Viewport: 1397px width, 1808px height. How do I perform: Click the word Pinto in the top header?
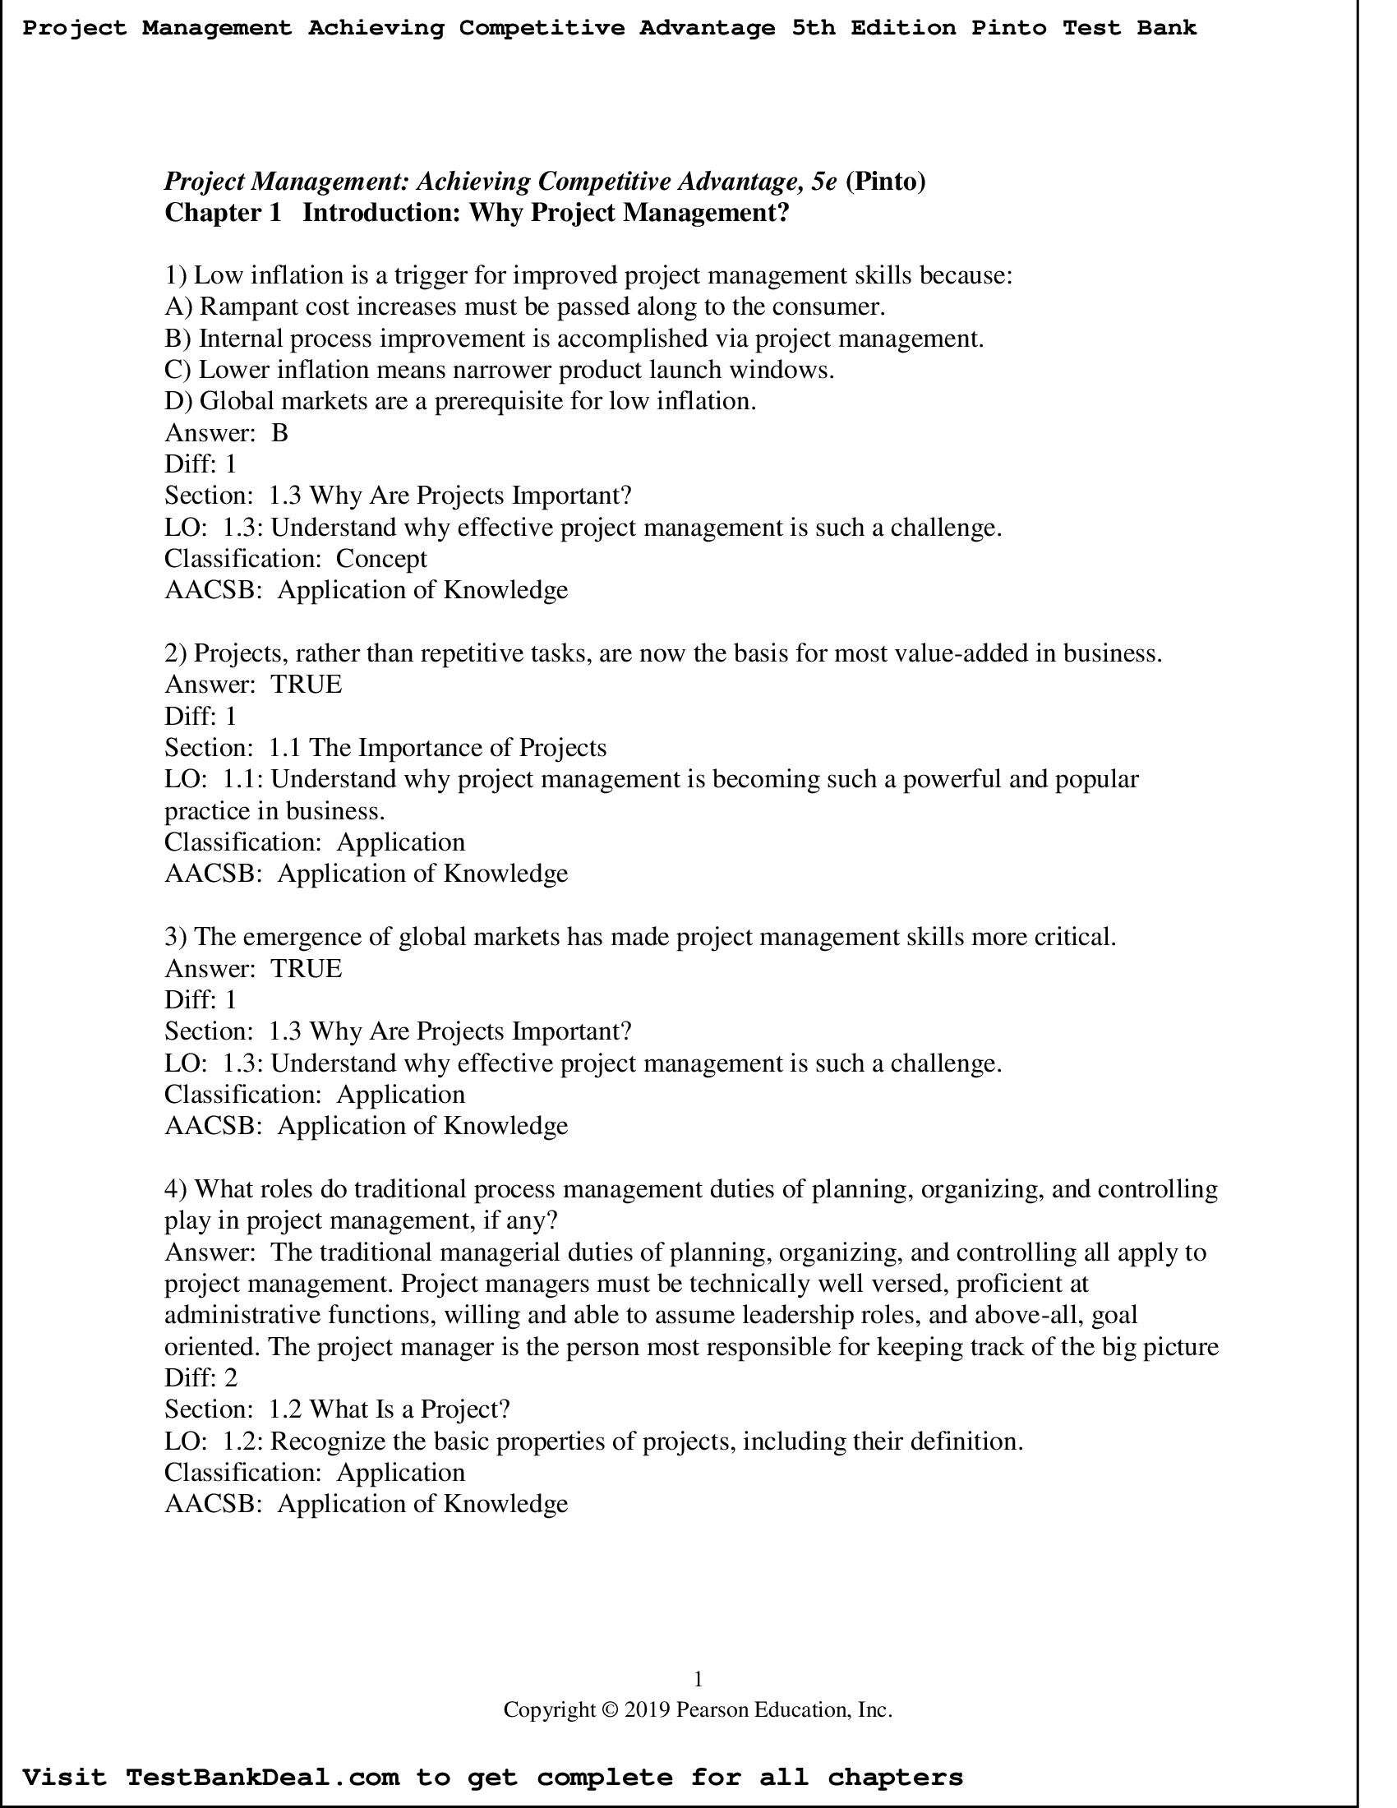coord(1008,28)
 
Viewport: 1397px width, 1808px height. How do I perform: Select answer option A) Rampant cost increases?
coord(524,307)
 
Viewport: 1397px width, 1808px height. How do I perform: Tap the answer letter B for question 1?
coord(279,433)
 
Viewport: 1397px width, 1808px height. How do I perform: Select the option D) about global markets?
coord(460,402)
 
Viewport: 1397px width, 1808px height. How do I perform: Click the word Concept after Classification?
coord(381,559)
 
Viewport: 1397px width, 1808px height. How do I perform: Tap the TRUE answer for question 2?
coord(306,685)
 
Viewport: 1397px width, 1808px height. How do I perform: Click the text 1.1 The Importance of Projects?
coord(437,748)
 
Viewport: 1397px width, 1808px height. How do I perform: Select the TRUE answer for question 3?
coord(306,969)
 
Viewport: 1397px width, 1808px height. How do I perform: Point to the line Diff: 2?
coord(201,1378)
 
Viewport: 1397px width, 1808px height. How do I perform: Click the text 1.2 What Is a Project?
coord(389,1409)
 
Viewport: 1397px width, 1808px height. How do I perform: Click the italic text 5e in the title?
coord(823,182)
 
